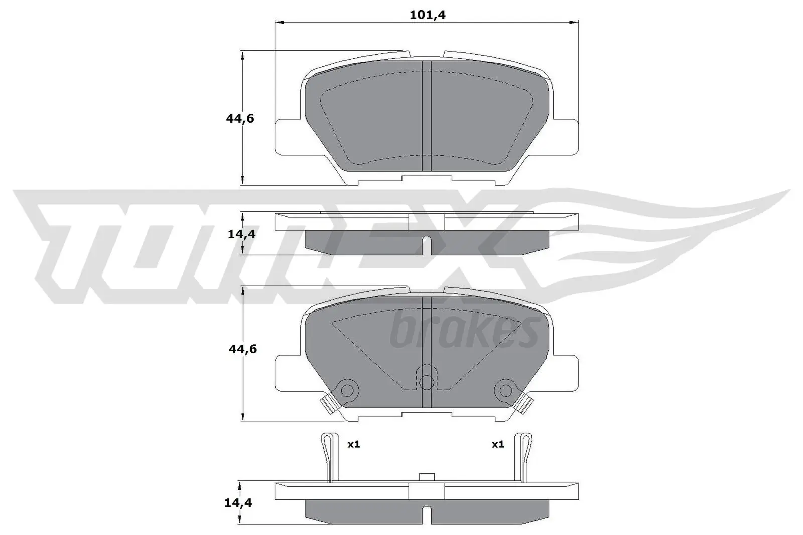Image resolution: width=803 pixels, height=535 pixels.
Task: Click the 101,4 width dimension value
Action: click(x=428, y=15)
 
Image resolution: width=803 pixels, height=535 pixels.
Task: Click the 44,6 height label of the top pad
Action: click(x=240, y=119)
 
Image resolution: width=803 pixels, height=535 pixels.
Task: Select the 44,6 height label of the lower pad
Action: click(x=243, y=349)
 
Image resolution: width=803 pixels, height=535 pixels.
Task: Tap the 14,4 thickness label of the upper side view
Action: click(x=242, y=234)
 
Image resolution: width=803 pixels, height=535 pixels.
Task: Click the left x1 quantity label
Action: click(x=354, y=444)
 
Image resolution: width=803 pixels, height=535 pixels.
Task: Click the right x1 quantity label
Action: click(x=497, y=444)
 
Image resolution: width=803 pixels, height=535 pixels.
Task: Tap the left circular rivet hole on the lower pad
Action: click(x=347, y=389)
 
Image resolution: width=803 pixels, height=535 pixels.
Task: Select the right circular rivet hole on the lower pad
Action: click(x=505, y=389)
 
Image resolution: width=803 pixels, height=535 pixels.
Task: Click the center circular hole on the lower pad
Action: click(x=426, y=382)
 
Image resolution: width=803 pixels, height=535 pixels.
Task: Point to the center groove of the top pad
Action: click(x=426, y=115)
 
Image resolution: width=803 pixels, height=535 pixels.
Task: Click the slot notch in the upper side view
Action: click(x=426, y=243)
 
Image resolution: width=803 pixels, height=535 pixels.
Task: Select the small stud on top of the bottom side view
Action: click(x=426, y=477)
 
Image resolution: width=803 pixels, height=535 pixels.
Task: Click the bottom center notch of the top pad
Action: click(x=426, y=179)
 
